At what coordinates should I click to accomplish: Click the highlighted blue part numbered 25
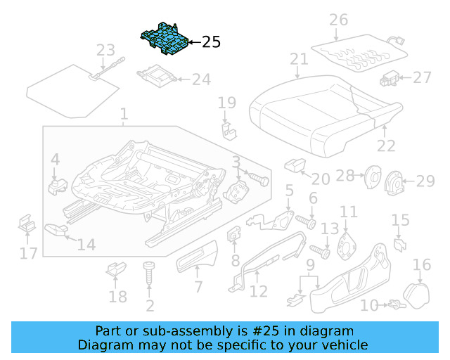click(166, 39)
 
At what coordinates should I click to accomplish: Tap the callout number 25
click(211, 42)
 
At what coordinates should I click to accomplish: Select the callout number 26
click(338, 20)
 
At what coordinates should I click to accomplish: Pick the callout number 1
click(124, 113)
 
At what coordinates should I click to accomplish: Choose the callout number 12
click(259, 291)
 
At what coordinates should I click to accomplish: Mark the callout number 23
click(105, 50)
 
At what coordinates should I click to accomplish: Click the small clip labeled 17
click(27, 225)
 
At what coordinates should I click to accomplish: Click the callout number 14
click(86, 245)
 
